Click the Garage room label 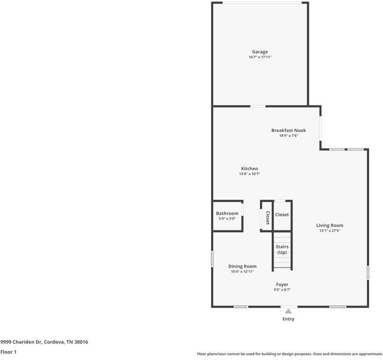pos(260,52)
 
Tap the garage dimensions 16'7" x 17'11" pos(260,57)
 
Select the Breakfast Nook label pos(288,130)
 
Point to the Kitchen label pos(249,169)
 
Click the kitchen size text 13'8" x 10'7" pos(249,174)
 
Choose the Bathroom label pos(227,214)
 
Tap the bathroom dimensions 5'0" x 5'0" pos(227,219)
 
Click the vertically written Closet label pos(267,218)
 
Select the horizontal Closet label pos(282,214)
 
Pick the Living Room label pos(330,225)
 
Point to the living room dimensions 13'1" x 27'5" pos(330,230)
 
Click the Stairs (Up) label pos(282,249)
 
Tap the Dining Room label pos(242,266)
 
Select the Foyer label pos(282,284)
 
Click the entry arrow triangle pos(288,311)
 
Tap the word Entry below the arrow pos(288,319)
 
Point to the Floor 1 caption pos(8,352)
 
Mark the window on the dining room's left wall pos(212,259)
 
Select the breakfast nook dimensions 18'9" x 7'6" pos(288,136)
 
